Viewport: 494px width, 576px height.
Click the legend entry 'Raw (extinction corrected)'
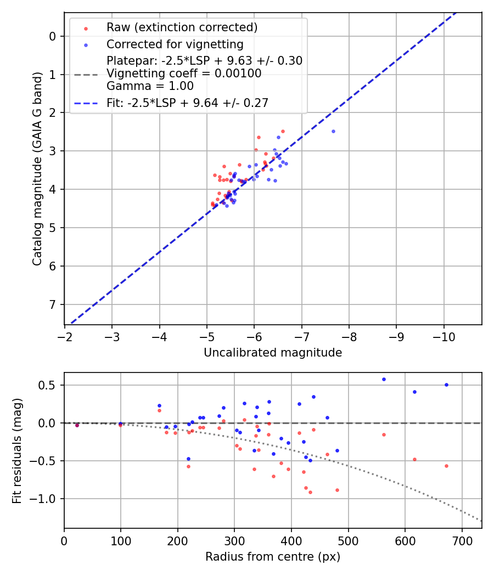tap(182, 27)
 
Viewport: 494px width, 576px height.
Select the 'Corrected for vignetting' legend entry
tap(175, 44)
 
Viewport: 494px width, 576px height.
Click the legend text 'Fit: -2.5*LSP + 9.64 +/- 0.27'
tap(187, 103)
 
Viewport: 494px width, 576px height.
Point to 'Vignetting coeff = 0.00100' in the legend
tap(184, 74)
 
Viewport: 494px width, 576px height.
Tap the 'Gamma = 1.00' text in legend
tap(150, 86)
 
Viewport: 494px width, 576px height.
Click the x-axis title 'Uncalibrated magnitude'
tap(273, 353)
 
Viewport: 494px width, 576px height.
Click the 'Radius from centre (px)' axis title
tap(273, 557)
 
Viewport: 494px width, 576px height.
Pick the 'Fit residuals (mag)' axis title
tap(17, 450)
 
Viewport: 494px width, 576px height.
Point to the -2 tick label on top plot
tap(65, 335)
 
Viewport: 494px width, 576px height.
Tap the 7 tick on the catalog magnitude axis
tap(53, 304)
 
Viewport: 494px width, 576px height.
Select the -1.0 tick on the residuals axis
tap(46, 499)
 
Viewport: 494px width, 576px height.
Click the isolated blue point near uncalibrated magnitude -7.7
tap(333, 131)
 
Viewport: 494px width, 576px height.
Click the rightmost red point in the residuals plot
tap(446, 466)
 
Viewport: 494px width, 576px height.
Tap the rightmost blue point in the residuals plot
tap(446, 385)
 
